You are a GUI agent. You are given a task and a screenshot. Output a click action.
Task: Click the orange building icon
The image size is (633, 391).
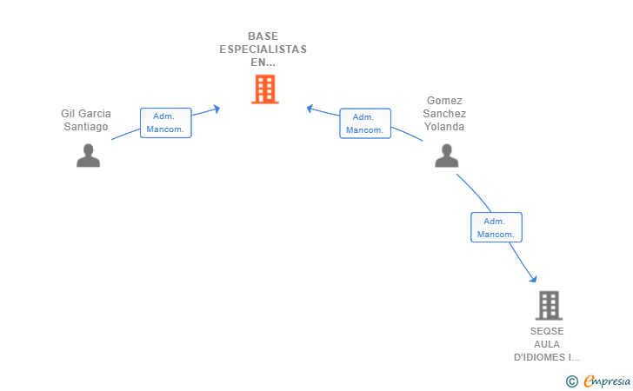pyautogui.click(x=265, y=89)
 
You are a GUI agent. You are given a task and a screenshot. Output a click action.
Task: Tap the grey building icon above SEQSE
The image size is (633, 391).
pyautogui.click(x=549, y=306)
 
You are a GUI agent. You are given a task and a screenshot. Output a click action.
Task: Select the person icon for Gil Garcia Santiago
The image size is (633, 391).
pyautogui.click(x=89, y=156)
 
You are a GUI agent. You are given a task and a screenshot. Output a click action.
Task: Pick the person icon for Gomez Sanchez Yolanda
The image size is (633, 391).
pyautogui.click(x=447, y=156)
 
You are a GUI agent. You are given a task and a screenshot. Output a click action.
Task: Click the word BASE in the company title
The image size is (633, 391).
pyautogui.click(x=263, y=36)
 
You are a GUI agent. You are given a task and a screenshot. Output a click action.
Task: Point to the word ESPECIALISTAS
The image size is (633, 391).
pyautogui.click(x=263, y=50)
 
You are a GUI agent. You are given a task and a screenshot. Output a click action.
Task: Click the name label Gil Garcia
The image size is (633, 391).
pyautogui.click(x=86, y=113)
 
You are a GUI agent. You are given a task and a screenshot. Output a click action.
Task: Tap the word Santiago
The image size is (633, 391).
pyautogui.click(x=86, y=127)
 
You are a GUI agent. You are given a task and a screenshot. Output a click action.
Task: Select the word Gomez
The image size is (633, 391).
pyautogui.click(x=444, y=101)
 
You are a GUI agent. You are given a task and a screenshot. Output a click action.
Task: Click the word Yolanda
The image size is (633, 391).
pyautogui.click(x=444, y=127)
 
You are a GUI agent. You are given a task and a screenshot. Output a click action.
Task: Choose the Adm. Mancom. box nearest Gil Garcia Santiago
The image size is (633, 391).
pyautogui.click(x=166, y=123)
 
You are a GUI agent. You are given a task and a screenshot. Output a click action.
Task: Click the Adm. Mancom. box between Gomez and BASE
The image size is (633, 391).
pyautogui.click(x=365, y=123)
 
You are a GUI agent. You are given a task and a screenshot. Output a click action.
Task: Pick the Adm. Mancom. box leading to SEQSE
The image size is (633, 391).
pyautogui.click(x=496, y=227)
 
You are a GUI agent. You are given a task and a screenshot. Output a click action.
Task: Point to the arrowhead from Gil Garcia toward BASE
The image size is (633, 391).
pyautogui.click(x=217, y=109)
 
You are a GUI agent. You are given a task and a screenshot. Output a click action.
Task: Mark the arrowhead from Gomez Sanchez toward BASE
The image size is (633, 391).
pyautogui.click(x=310, y=109)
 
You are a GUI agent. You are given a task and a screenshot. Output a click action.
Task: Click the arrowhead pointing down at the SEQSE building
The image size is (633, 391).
pyautogui.click(x=533, y=278)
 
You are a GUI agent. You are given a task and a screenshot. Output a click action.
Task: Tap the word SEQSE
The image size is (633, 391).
pyautogui.click(x=547, y=331)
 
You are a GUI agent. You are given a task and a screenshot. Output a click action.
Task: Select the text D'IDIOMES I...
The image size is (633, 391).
pyautogui.click(x=547, y=357)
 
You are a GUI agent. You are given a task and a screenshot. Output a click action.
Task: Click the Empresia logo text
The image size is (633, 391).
pyautogui.click(x=607, y=381)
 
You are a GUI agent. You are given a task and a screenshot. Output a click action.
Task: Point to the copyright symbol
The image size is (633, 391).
pyautogui.click(x=572, y=381)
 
